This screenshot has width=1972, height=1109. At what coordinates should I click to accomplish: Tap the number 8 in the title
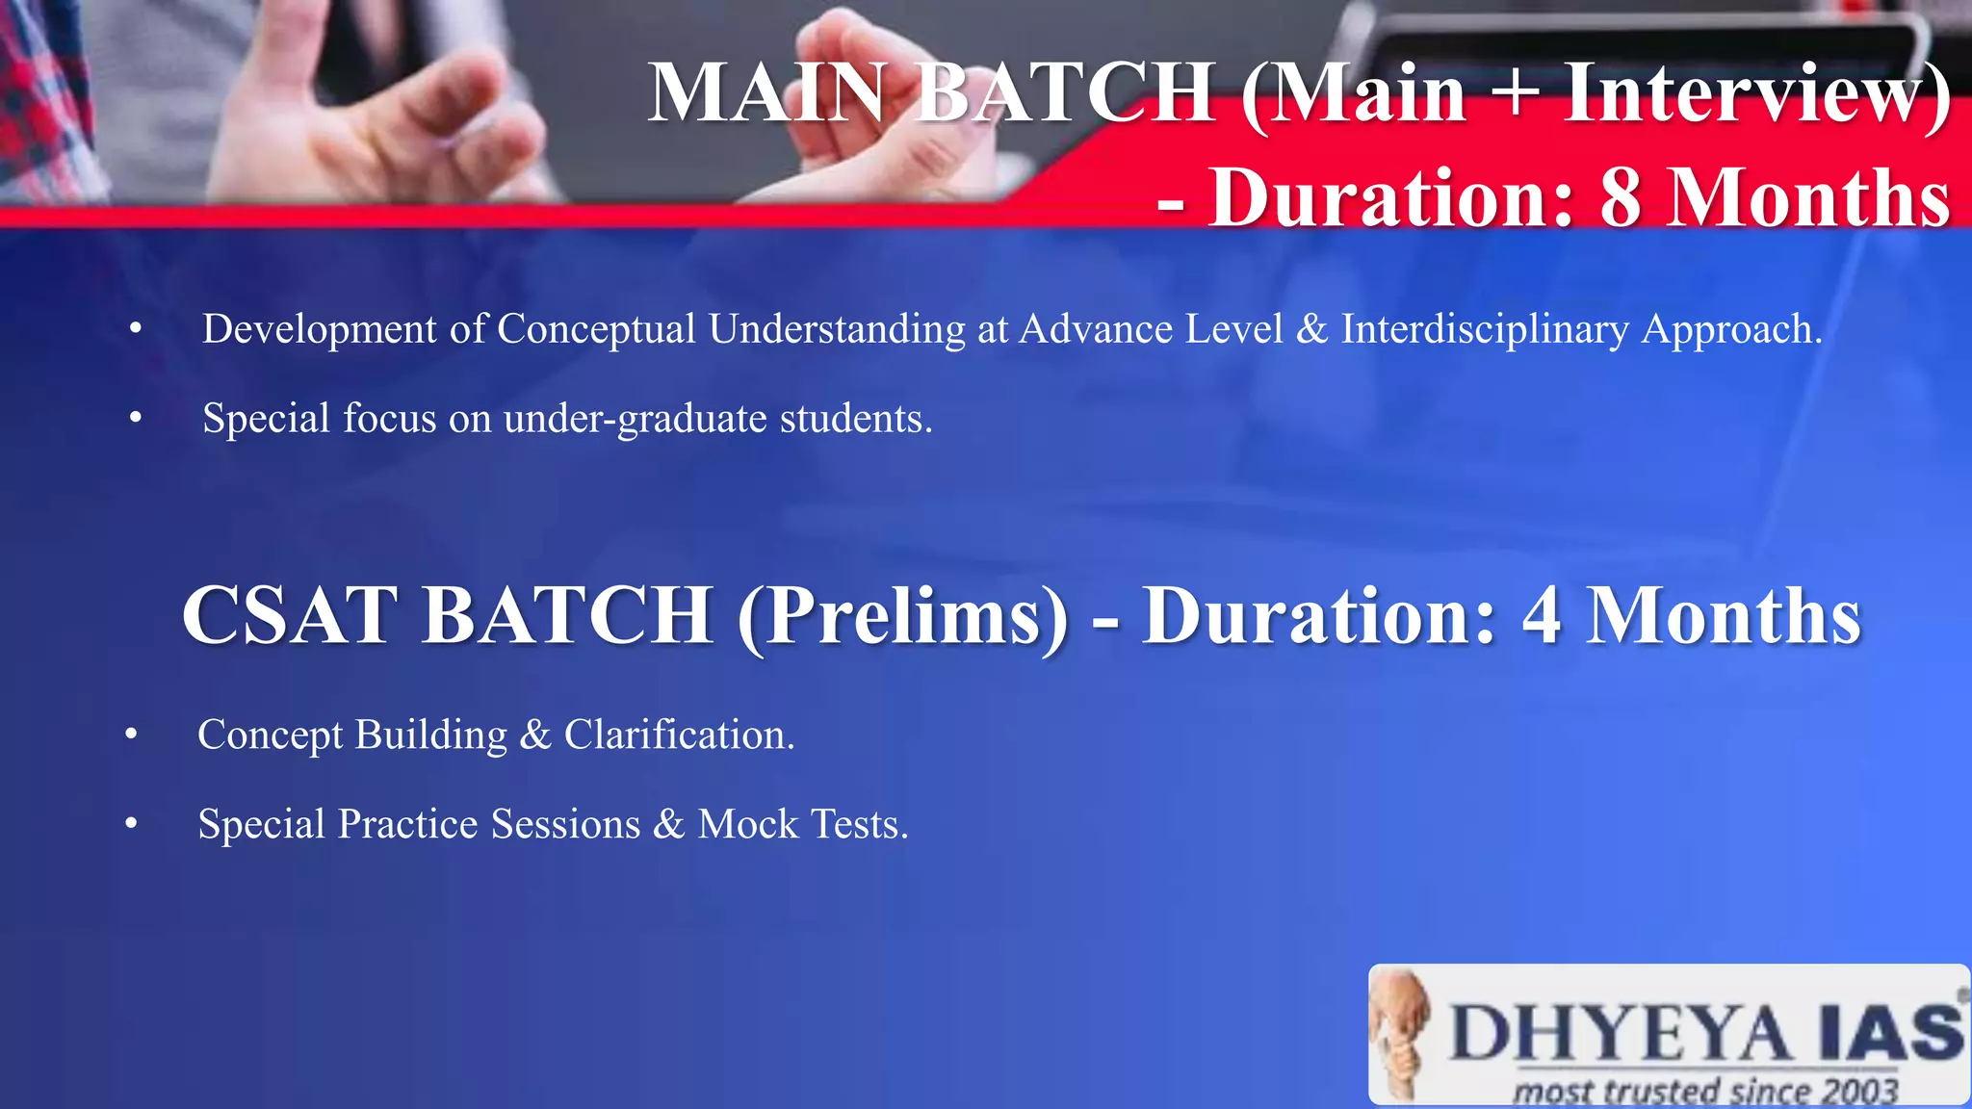1621,197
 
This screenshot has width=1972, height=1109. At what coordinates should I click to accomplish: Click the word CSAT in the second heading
289,615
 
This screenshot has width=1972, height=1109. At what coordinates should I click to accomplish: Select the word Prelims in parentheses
903,616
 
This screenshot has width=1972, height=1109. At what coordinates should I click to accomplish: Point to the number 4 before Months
1541,616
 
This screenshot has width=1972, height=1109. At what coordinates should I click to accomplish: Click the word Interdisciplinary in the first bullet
1485,329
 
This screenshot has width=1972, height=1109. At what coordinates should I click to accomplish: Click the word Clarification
679,735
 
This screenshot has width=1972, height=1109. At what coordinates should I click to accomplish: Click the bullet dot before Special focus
136,419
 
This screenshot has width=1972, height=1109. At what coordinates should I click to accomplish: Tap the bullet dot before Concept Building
132,735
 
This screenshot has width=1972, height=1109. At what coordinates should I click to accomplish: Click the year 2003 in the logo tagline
1857,1092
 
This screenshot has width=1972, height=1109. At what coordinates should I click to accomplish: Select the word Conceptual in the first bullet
596,329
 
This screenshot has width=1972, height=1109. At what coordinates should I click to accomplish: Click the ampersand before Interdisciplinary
1311,329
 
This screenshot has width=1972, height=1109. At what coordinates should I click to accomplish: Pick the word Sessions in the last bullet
565,825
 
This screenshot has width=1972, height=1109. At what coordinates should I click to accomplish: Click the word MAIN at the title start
765,93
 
